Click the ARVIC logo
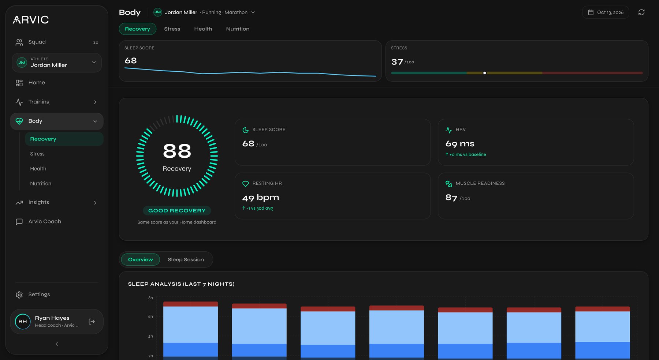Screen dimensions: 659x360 31,20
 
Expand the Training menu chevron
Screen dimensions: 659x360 95,102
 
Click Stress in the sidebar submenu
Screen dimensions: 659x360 37,154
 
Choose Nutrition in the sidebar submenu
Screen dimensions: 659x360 41,184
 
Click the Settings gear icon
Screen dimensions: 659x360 19,295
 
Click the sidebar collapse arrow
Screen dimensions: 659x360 57,344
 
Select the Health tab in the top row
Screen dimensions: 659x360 203,29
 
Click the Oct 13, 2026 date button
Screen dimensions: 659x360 606,12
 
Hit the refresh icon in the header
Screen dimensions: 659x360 641,12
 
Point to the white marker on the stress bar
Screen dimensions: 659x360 485,73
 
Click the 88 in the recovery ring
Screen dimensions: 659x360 177,151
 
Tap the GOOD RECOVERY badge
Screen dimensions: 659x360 177,211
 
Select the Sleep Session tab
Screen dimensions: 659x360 186,260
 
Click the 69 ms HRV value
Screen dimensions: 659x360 460,144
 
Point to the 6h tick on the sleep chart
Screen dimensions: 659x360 150,317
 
